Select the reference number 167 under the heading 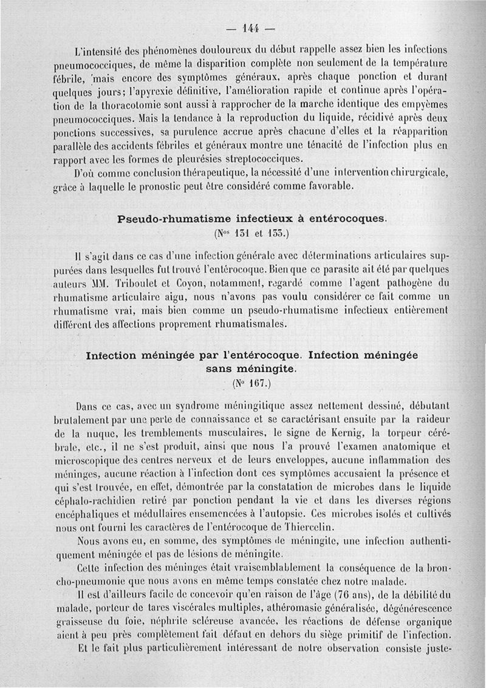pyautogui.click(x=251, y=384)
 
